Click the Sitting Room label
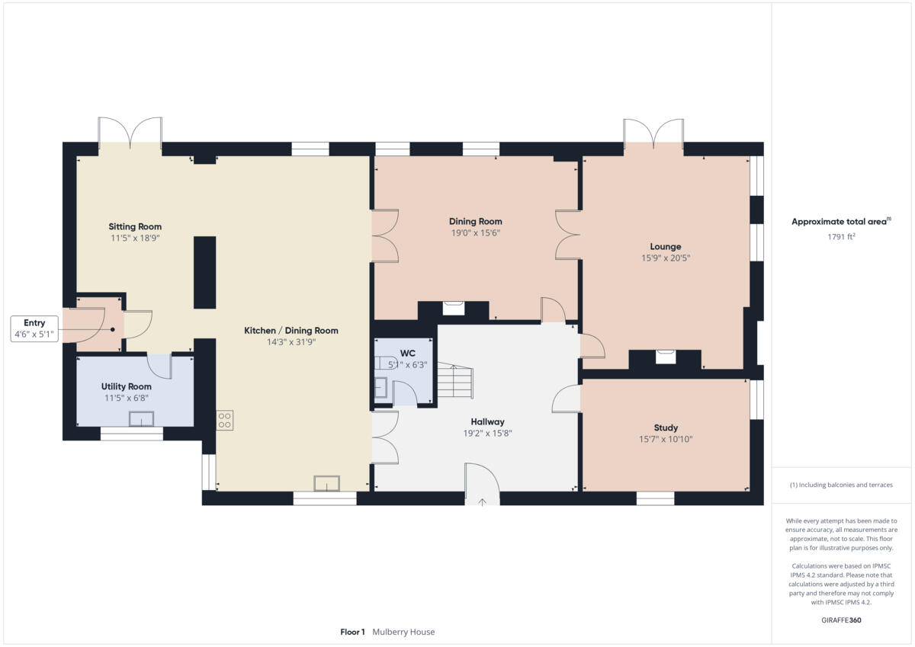pos(135,226)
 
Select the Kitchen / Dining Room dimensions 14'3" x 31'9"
pos(291,342)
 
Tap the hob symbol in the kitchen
pos(224,420)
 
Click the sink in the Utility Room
pos(141,418)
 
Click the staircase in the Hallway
pos(454,382)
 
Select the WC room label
pos(407,354)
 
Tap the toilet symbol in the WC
pos(384,363)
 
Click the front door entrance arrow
pos(482,501)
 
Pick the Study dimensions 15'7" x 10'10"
pos(666,439)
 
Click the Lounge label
pos(665,246)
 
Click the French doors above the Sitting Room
pos(130,133)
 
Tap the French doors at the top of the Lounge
pos(653,133)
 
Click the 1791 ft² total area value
pos(842,237)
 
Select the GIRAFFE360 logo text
pos(842,620)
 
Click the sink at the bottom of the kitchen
pos(326,483)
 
